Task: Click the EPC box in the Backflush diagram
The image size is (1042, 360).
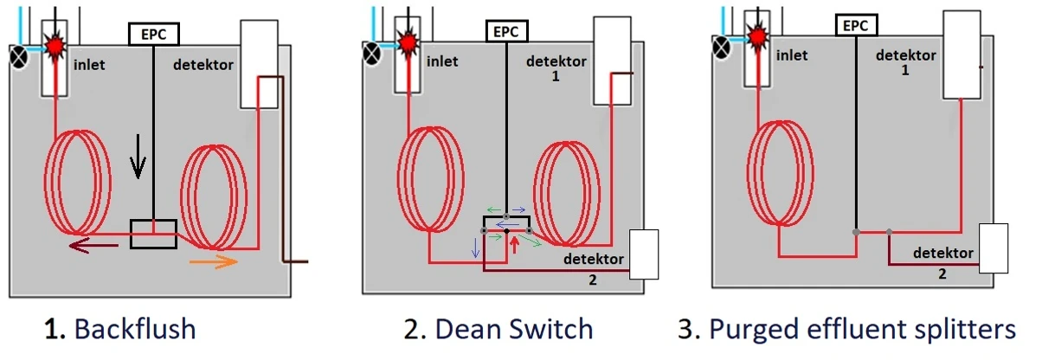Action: click(x=153, y=35)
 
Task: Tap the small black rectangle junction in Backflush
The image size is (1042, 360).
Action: click(x=153, y=234)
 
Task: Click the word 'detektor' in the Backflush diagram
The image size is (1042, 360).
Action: click(x=203, y=65)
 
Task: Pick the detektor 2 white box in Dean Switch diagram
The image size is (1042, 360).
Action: click(x=645, y=254)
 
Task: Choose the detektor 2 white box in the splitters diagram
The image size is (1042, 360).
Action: click(x=994, y=248)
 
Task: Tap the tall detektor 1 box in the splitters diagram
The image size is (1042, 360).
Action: click(x=962, y=55)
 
